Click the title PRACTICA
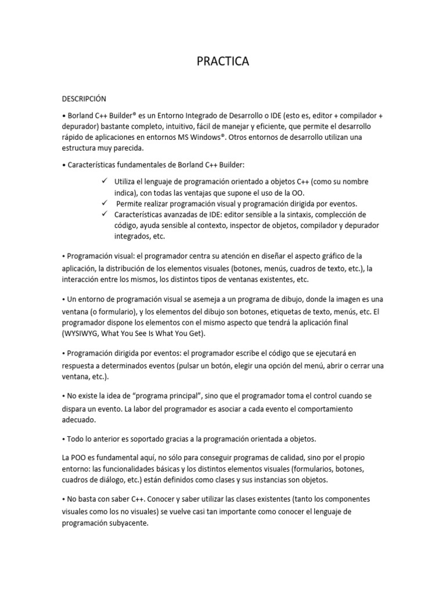click(x=223, y=61)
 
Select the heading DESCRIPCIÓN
click(x=85, y=99)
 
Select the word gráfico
click(x=330, y=256)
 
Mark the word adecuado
click(x=79, y=419)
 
